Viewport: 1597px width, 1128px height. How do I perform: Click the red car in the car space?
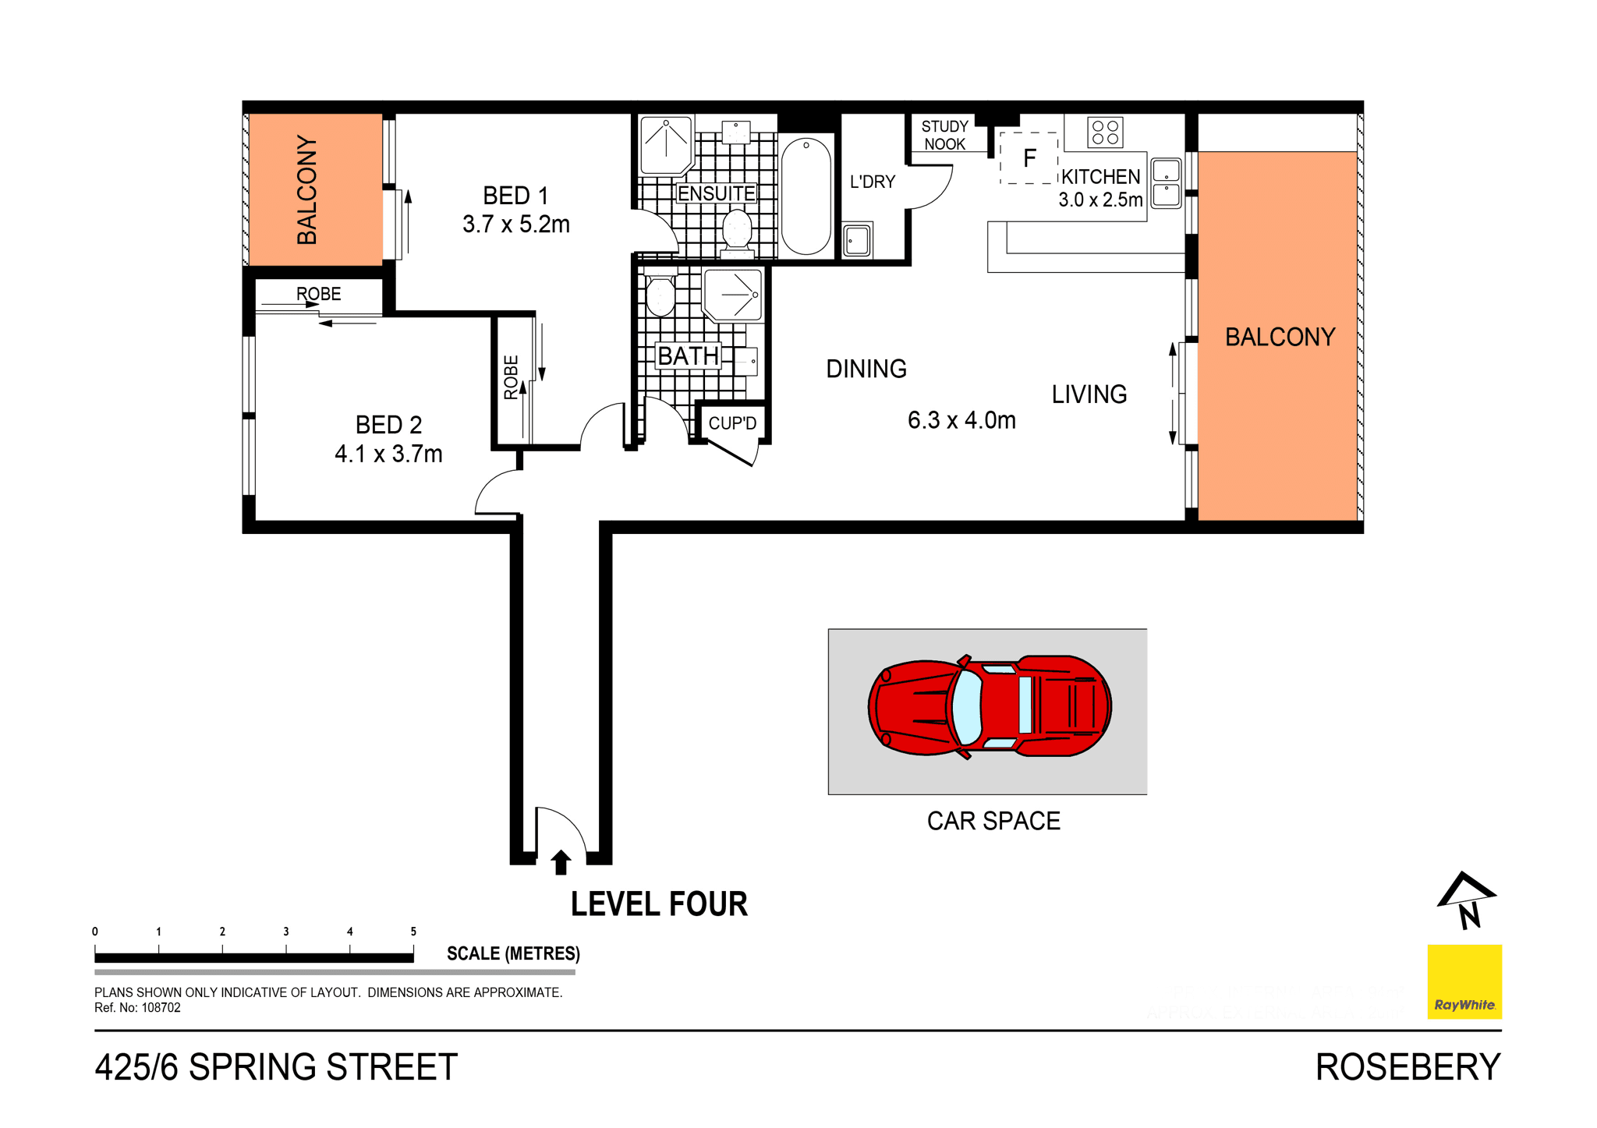(989, 706)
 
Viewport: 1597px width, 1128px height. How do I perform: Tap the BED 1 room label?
(515, 195)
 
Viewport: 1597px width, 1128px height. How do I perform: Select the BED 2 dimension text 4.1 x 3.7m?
(388, 454)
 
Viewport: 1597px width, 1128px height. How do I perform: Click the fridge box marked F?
(1029, 158)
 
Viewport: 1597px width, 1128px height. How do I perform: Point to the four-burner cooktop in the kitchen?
(1105, 133)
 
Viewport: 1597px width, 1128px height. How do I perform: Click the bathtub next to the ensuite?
(806, 196)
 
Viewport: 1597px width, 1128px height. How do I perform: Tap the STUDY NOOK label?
(944, 135)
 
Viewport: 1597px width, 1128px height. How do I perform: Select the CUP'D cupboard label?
(731, 423)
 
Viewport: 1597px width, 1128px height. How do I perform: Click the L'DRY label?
(872, 182)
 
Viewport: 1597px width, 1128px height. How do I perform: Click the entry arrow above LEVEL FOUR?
(561, 862)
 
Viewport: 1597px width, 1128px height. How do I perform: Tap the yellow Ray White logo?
(1464, 981)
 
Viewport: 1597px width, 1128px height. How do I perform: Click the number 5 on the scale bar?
(413, 932)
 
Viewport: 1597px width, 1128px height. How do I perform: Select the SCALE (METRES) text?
(513, 953)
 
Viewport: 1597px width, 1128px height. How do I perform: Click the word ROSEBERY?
(1408, 1067)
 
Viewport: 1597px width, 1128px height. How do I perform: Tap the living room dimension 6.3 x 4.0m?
(961, 421)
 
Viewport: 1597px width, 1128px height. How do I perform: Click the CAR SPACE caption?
(993, 821)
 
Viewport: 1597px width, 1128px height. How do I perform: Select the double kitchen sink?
(1166, 183)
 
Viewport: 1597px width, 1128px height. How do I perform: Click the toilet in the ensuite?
(736, 230)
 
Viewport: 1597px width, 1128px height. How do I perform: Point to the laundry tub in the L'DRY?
(857, 240)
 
